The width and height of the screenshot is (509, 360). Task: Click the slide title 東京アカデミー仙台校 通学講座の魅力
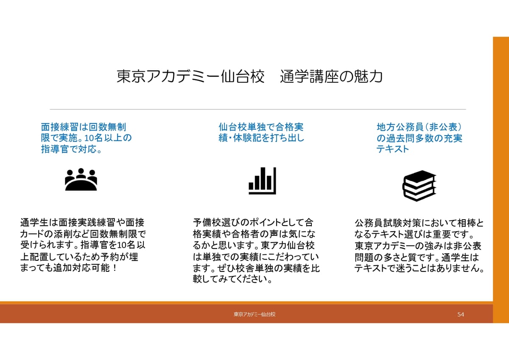(x=249, y=76)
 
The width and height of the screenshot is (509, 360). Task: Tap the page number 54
(x=461, y=314)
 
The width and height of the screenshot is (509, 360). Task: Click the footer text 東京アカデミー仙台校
(x=255, y=314)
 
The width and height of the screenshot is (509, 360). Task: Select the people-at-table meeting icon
(x=81, y=179)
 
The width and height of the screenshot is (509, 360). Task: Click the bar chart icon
(x=262, y=181)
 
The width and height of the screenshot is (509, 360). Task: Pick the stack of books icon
(x=419, y=186)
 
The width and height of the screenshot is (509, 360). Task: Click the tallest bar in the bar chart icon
(x=263, y=178)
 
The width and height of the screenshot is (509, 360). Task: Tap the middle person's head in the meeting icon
(x=81, y=171)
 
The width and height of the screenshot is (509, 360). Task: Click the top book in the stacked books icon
(x=420, y=177)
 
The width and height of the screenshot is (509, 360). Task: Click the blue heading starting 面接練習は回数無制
(x=87, y=138)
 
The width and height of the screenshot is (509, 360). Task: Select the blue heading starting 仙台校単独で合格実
(x=261, y=132)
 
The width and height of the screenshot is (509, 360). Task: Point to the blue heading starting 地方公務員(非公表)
(x=419, y=138)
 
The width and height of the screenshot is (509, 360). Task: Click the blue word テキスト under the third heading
(x=392, y=149)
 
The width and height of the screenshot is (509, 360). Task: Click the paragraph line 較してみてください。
(x=233, y=279)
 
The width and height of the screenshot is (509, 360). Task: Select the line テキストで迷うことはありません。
(x=419, y=268)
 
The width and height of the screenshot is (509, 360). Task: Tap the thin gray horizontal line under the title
(x=258, y=109)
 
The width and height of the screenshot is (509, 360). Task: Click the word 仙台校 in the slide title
(x=243, y=76)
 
